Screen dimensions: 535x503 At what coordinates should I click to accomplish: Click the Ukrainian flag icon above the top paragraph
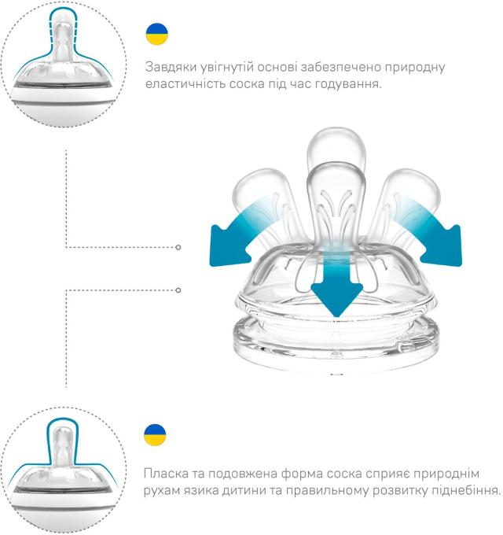point(157,34)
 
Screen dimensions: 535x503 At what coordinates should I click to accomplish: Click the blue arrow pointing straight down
point(334,283)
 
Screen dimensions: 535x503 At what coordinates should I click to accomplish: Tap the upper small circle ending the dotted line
point(178,247)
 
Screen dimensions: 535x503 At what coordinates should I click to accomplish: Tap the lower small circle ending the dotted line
point(178,290)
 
